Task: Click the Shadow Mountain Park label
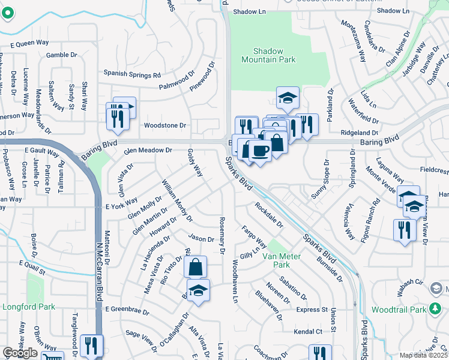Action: point(269,56)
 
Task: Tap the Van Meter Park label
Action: point(276,260)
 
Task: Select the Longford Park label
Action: point(29,307)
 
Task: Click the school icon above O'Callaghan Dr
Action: point(198,290)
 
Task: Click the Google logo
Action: point(19,353)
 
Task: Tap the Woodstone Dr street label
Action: point(165,125)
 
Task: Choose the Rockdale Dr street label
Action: point(268,215)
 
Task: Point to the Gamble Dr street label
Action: point(62,55)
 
